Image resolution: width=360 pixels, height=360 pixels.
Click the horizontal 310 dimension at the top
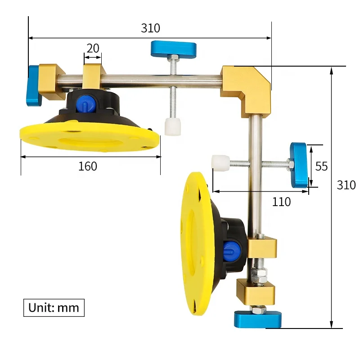click(x=150, y=28)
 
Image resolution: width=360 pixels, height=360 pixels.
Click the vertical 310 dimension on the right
click(x=346, y=184)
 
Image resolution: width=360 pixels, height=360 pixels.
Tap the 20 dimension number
click(x=93, y=48)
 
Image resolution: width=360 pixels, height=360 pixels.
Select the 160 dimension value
click(x=88, y=166)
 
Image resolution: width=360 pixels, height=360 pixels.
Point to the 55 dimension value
click(x=321, y=166)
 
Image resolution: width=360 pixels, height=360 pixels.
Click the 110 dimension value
click(x=281, y=202)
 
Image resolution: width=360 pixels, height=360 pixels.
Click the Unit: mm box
click(x=54, y=307)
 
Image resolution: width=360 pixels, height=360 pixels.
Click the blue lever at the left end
click(x=34, y=86)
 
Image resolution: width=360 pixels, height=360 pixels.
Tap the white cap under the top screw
click(x=172, y=127)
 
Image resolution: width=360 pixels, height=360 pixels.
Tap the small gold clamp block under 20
click(x=94, y=75)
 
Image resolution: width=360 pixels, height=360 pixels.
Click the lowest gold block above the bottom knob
click(x=255, y=292)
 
